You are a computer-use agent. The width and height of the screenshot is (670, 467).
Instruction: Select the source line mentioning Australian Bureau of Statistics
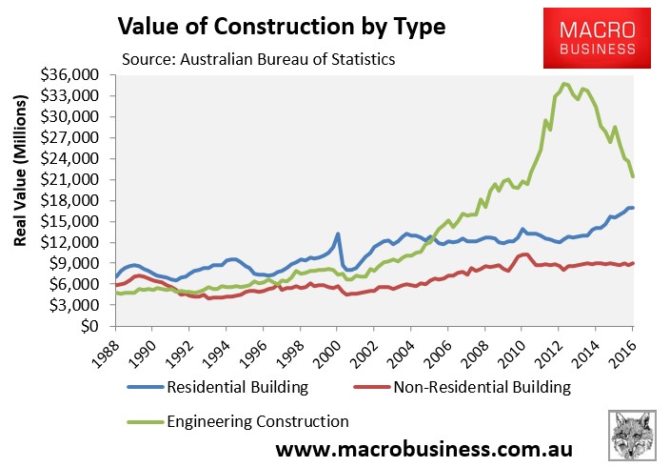[x=258, y=59]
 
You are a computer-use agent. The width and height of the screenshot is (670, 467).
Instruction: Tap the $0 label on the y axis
[x=94, y=326]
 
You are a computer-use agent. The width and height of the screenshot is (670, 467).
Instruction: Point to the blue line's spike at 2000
[x=338, y=233]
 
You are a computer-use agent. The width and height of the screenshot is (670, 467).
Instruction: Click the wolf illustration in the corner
[x=633, y=435]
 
